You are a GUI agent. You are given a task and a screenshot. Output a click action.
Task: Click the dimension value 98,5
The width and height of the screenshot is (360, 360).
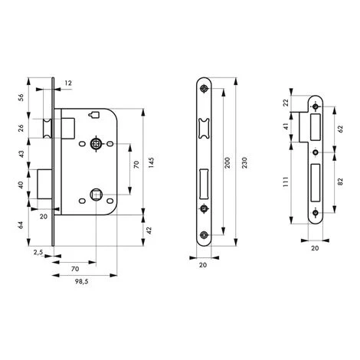click(81, 282)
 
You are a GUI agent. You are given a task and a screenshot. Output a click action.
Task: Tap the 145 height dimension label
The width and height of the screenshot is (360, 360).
click(151, 162)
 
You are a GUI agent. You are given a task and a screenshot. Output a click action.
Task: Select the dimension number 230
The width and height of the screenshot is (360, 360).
click(244, 162)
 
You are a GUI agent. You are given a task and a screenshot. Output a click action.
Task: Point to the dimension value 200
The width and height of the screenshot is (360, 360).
click(227, 162)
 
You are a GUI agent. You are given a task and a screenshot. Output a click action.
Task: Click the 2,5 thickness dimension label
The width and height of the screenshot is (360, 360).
click(38, 253)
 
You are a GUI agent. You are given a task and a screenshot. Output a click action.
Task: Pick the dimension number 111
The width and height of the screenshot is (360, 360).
click(286, 182)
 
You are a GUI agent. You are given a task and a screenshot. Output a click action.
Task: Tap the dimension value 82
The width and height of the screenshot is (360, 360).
click(340, 182)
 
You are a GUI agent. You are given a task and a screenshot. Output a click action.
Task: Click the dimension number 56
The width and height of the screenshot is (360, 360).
click(21, 97)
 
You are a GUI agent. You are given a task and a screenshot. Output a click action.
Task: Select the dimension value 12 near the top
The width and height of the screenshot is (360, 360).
click(68, 83)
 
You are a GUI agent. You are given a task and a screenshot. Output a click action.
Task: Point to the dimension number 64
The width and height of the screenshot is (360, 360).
click(21, 225)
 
